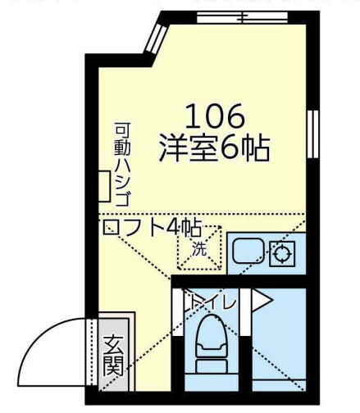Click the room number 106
pyautogui.click(x=215, y=116)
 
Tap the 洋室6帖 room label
pyautogui.click(x=214, y=148)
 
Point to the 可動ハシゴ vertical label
pyautogui.click(x=122, y=165)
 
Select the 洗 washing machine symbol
pyautogui.click(x=199, y=248)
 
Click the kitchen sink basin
pyautogui.click(x=248, y=251)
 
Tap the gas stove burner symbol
pyautogui.click(x=282, y=254)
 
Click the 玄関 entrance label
pyautogui.click(x=113, y=356)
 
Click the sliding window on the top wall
pyautogui.click(x=242, y=17)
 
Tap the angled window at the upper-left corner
pyautogui.click(x=156, y=39)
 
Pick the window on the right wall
pyautogui.click(x=312, y=134)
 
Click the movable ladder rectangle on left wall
pyautogui.click(x=104, y=186)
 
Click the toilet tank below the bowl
pyautogui.click(x=212, y=366)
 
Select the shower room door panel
pyautogui.click(x=246, y=312)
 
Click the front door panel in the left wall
pyautogui.click(x=93, y=352)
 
